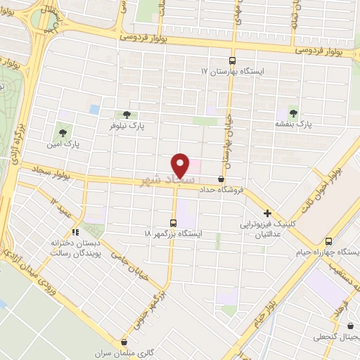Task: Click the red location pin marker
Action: click(181, 165)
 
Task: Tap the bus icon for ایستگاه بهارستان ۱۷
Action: click(233, 60)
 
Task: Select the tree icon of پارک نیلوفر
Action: click(127, 114)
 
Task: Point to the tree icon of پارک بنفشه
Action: click(292, 112)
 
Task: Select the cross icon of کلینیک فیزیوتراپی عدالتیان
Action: click(267, 213)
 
